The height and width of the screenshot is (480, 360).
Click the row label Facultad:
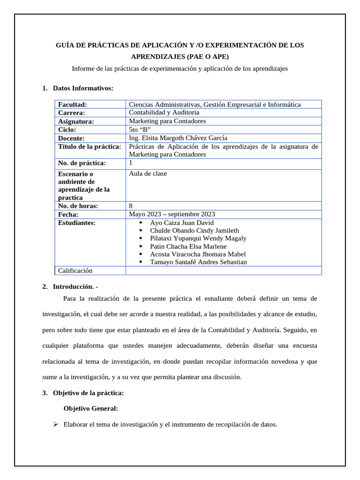73,105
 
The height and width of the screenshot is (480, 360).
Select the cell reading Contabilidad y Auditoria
164,112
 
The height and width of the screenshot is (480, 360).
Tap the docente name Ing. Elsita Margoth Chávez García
178,138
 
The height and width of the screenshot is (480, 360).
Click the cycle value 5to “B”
140,129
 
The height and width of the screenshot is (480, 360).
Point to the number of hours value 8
130,205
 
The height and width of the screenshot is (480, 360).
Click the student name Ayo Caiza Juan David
181,223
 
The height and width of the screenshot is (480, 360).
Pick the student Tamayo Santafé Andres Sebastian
198,262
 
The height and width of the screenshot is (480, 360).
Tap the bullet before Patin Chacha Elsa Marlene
141,246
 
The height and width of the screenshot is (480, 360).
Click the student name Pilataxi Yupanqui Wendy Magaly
198,238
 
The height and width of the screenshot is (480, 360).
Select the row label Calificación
75,270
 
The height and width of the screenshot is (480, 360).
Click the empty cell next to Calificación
223,270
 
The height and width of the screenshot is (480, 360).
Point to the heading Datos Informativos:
83,88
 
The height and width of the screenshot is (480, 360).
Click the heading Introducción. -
75,286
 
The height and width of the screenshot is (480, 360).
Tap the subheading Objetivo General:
90,408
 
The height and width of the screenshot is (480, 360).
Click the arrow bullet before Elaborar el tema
55,425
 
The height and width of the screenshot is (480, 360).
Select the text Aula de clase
148,173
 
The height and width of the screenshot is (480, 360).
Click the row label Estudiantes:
77,223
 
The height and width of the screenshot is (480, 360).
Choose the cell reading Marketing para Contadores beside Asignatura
167,121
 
